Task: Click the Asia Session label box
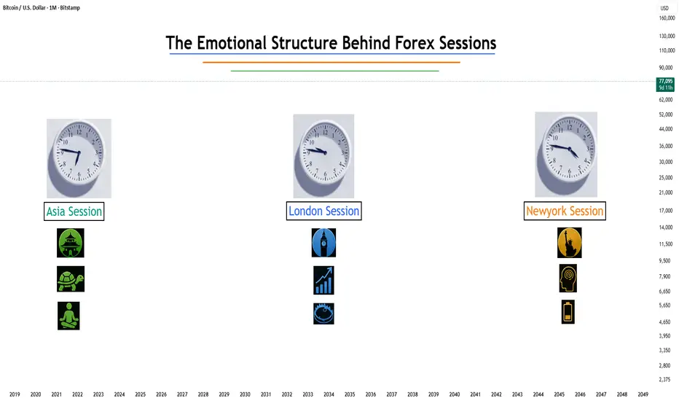point(74,211)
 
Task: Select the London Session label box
point(324,211)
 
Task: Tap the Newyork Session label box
point(565,211)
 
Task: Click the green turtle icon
point(71,279)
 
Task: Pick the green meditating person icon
point(68,316)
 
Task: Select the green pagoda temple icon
point(71,243)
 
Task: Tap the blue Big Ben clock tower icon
point(323,243)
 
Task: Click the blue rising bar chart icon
point(323,280)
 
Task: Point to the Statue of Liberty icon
point(570,243)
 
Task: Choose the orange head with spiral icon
point(568,279)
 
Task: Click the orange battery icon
point(568,312)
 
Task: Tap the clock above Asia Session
point(79,158)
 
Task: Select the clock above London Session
point(323,156)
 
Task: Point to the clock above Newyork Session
point(566,155)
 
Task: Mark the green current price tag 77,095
point(666,84)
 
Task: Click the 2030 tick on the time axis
point(245,394)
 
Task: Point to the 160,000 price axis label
point(667,18)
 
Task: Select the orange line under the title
point(331,63)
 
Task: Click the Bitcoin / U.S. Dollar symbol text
point(24,8)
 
